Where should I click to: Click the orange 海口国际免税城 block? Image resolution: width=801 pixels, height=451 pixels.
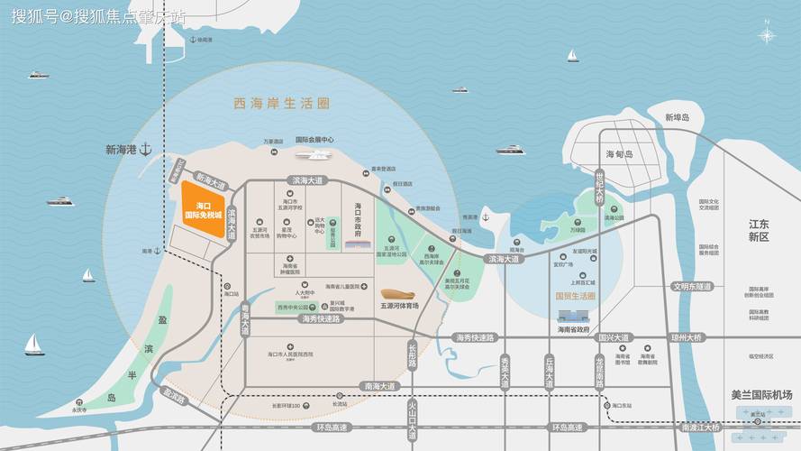coord(204,210)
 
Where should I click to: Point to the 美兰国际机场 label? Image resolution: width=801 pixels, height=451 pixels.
coord(761,395)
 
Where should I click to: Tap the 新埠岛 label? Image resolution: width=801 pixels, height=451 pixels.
coord(677,117)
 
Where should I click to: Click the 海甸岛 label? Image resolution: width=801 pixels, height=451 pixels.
coord(621,154)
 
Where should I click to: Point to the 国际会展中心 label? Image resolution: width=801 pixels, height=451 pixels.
coord(314,140)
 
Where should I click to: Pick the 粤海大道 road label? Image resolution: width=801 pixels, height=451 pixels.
coord(244,320)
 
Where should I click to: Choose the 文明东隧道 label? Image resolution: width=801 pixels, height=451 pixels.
coord(691,286)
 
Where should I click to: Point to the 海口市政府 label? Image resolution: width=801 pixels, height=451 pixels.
coord(358,219)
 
